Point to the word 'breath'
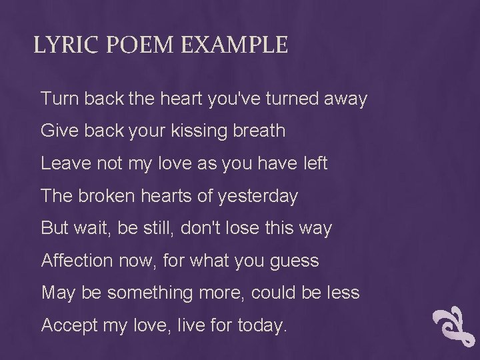259,131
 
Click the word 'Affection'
77,260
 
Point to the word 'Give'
59,131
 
